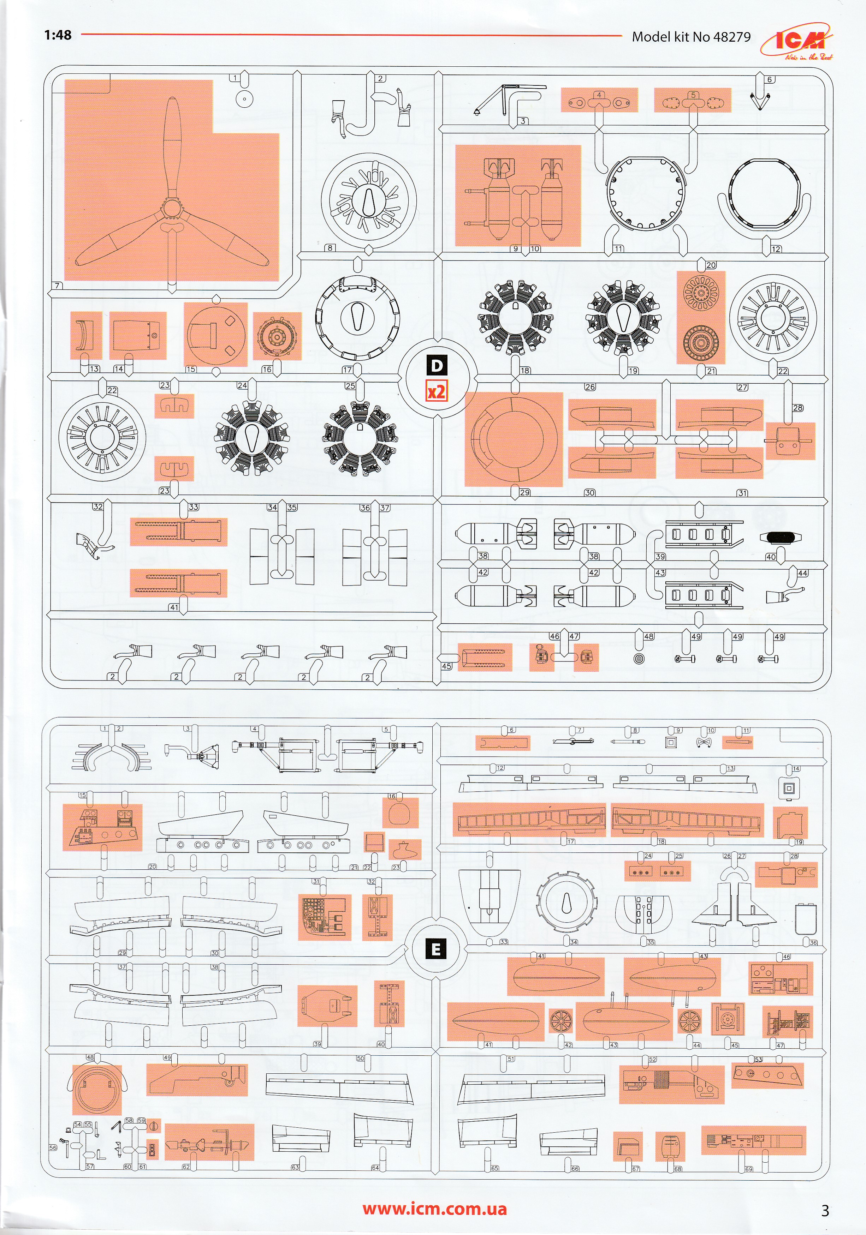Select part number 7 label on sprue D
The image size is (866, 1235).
58,285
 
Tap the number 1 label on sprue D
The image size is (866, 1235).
235,78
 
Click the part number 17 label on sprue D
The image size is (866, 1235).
347,370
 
